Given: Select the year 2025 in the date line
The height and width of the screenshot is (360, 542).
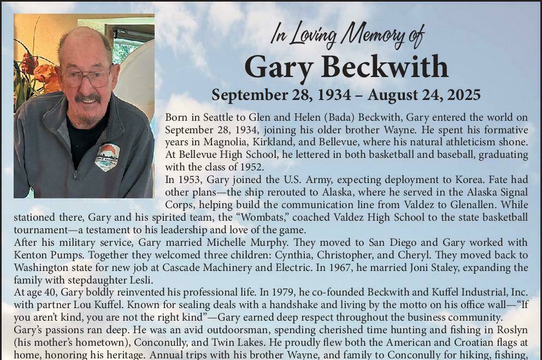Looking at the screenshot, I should click(463, 95).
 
